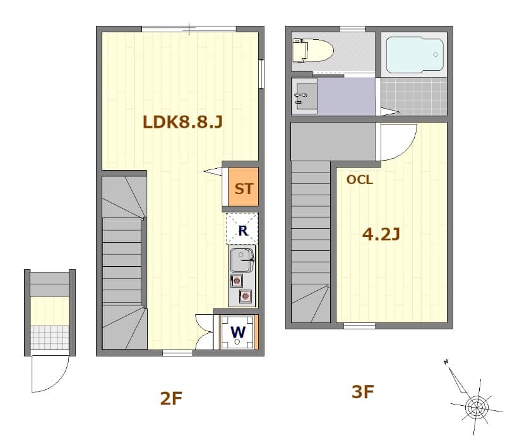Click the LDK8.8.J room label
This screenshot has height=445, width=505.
coord(182,121)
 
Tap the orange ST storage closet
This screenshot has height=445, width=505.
coord(243,188)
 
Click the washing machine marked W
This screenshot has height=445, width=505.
coord(237,332)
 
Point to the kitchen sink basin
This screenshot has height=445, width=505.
coord(241,259)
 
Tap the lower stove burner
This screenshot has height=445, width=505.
coord(245,295)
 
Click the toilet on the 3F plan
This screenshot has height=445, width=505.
coord(312,50)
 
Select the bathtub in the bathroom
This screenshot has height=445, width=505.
coord(414,56)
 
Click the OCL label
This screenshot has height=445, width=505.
coord(360,180)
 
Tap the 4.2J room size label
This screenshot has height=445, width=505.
coord(381,235)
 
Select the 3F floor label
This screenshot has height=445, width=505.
coord(363,392)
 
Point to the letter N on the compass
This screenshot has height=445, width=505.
coord(446,362)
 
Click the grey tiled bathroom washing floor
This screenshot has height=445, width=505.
coord(414,96)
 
